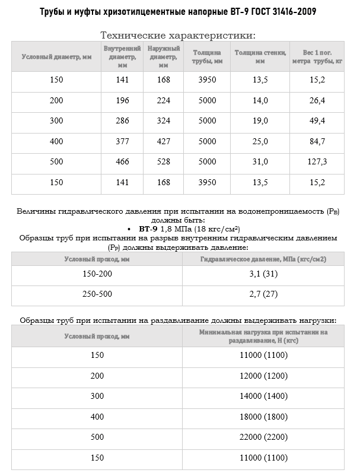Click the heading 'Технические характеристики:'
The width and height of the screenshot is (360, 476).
click(x=179, y=35)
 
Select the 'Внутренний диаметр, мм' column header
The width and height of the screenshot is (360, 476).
click(x=122, y=57)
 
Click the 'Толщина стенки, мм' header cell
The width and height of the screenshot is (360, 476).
click(x=260, y=57)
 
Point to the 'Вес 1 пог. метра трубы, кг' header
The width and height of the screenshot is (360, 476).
click(x=317, y=57)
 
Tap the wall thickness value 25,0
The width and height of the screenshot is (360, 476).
click(x=260, y=141)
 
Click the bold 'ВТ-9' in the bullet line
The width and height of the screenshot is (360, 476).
click(x=148, y=228)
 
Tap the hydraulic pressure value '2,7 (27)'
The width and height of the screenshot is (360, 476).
click(x=263, y=293)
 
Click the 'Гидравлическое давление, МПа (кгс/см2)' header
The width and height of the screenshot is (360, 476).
click(x=263, y=259)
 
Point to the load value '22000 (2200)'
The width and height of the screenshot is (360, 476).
click(x=263, y=437)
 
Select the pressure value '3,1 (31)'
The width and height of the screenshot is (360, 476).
click(x=263, y=274)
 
